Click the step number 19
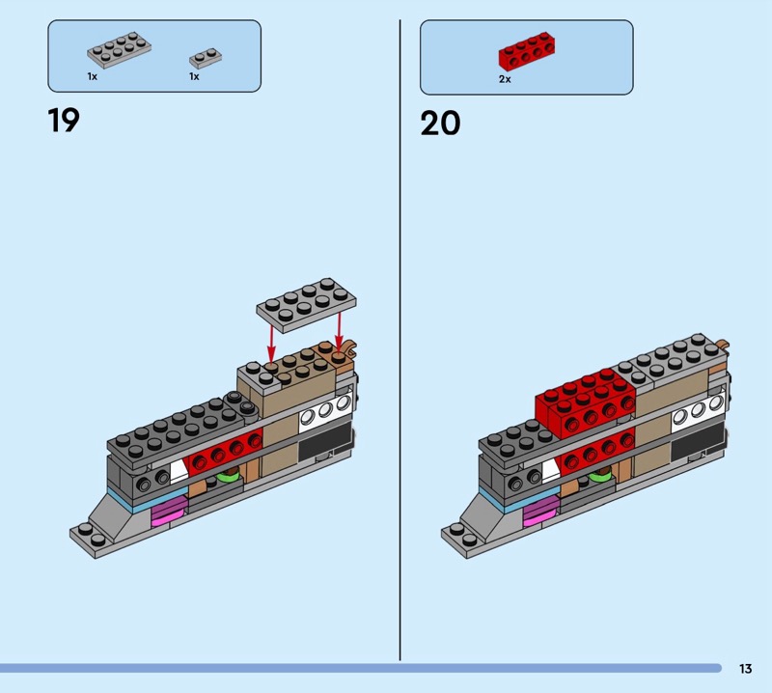pos(64,121)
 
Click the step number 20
pos(440,123)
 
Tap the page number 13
pos(745,668)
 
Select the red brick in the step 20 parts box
pos(527,51)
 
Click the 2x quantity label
pos(505,79)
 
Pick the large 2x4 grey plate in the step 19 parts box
pos(119,50)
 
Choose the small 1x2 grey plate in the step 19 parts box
pos(206,58)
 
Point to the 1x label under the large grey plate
pos(93,76)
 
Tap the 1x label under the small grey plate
pos(195,76)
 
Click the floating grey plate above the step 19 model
pos(306,304)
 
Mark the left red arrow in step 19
pos(271,341)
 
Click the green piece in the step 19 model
pos(228,476)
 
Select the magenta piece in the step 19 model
pos(169,511)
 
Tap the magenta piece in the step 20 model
pos(541,511)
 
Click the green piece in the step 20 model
pos(600,476)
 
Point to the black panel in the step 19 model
pos(326,442)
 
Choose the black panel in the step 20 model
pos(698,442)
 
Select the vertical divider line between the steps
pos(400,340)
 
